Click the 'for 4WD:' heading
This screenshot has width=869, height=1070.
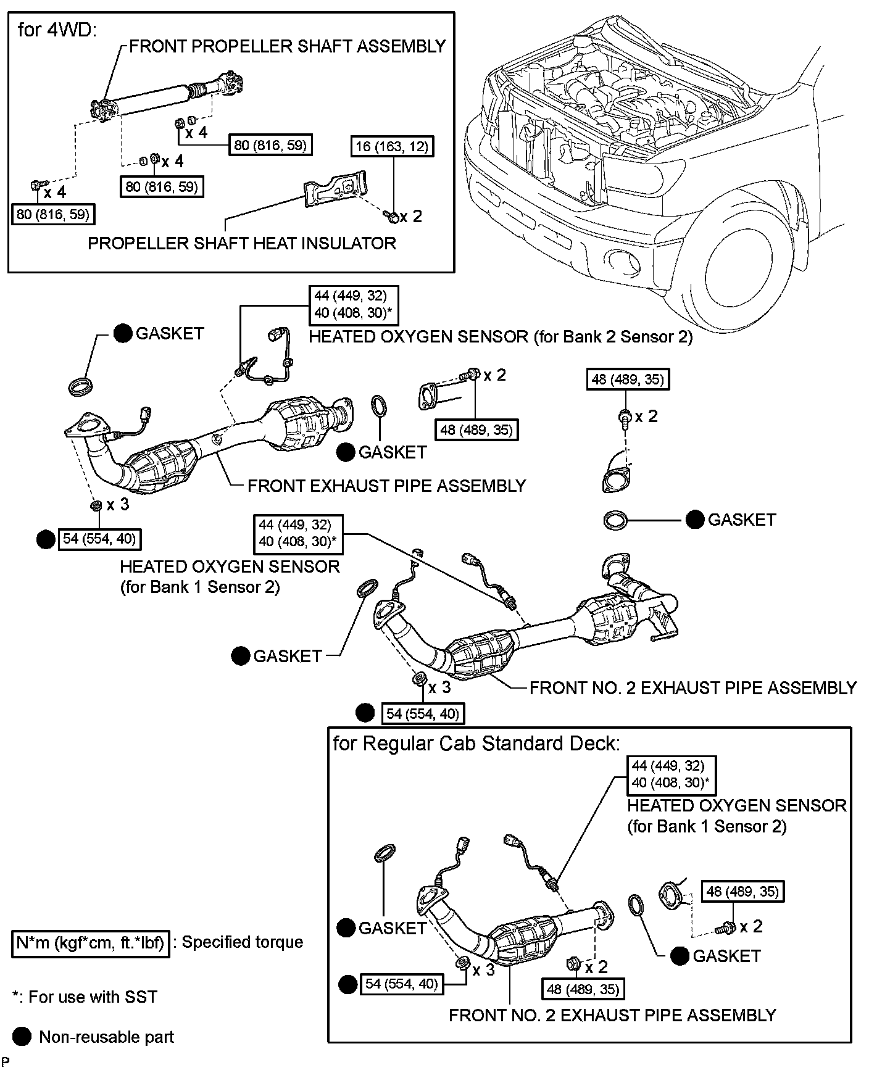[57, 30]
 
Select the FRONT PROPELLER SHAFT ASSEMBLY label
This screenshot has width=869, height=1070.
[287, 46]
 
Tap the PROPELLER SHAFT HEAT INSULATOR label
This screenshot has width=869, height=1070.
[241, 243]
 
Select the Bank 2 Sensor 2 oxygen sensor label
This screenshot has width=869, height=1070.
[501, 337]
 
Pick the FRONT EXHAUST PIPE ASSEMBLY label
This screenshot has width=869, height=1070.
[386, 486]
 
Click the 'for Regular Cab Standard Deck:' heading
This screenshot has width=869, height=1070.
[476, 743]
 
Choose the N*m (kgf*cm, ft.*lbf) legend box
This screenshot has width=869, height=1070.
[90, 942]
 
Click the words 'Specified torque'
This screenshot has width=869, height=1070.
[243, 942]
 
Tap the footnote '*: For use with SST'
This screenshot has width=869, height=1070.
[85, 997]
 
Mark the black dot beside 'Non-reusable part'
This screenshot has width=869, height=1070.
[22, 1037]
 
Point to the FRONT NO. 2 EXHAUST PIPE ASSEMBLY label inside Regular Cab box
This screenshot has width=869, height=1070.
[612, 1015]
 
